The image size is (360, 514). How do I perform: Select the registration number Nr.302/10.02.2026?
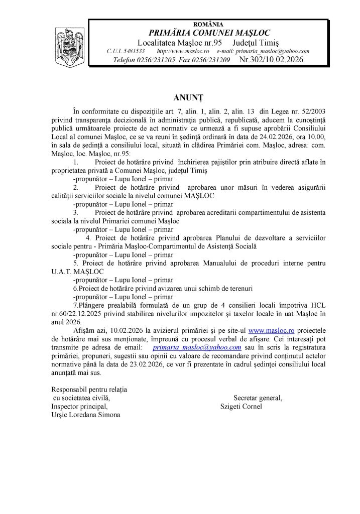point(271,60)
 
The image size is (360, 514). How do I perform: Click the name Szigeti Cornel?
point(241,406)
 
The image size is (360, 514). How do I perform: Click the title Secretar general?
point(258,398)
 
